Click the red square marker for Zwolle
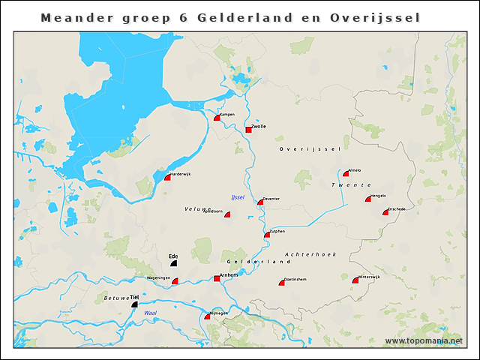(249, 130)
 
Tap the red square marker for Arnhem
(217, 278)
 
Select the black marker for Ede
(174, 263)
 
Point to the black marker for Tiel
(135, 304)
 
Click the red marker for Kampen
(217, 118)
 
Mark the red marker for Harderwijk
(168, 177)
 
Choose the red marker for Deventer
(260, 202)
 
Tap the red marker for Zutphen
(267, 235)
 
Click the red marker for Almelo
(346, 173)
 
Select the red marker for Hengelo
(368, 199)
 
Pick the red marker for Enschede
(385, 212)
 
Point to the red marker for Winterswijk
(355, 280)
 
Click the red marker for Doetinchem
(281, 282)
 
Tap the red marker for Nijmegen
(208, 316)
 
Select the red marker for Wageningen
(175, 281)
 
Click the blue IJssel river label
(238, 197)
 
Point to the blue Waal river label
(150, 313)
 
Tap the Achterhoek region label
(310, 255)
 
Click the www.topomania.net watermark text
(424, 341)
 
